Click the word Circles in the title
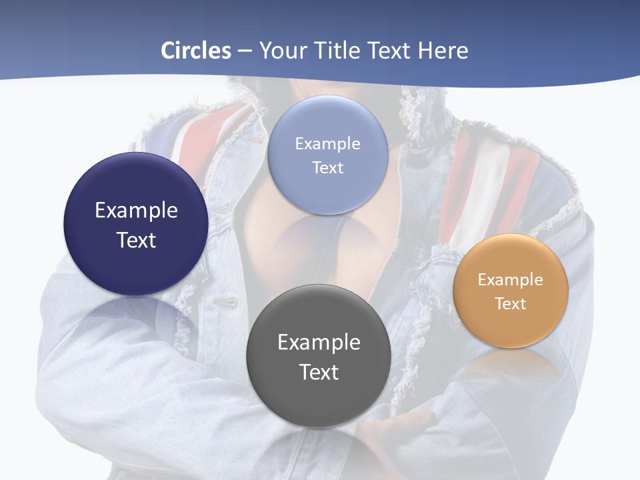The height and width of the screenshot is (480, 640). click(x=196, y=51)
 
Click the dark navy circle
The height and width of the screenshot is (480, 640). click(x=136, y=267)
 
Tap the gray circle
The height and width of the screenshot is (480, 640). click(x=319, y=400)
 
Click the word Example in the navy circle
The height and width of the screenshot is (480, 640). click(x=136, y=211)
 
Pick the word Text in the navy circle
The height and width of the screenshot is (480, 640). click(x=136, y=240)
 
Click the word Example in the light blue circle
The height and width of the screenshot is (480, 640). click(x=328, y=144)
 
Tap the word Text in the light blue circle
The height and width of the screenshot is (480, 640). click(x=328, y=168)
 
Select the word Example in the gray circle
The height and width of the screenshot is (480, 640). click(x=319, y=343)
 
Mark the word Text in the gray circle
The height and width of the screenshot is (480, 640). click(x=319, y=372)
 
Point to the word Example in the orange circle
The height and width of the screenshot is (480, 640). click(x=511, y=280)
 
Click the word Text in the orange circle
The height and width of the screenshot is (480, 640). click(x=511, y=304)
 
